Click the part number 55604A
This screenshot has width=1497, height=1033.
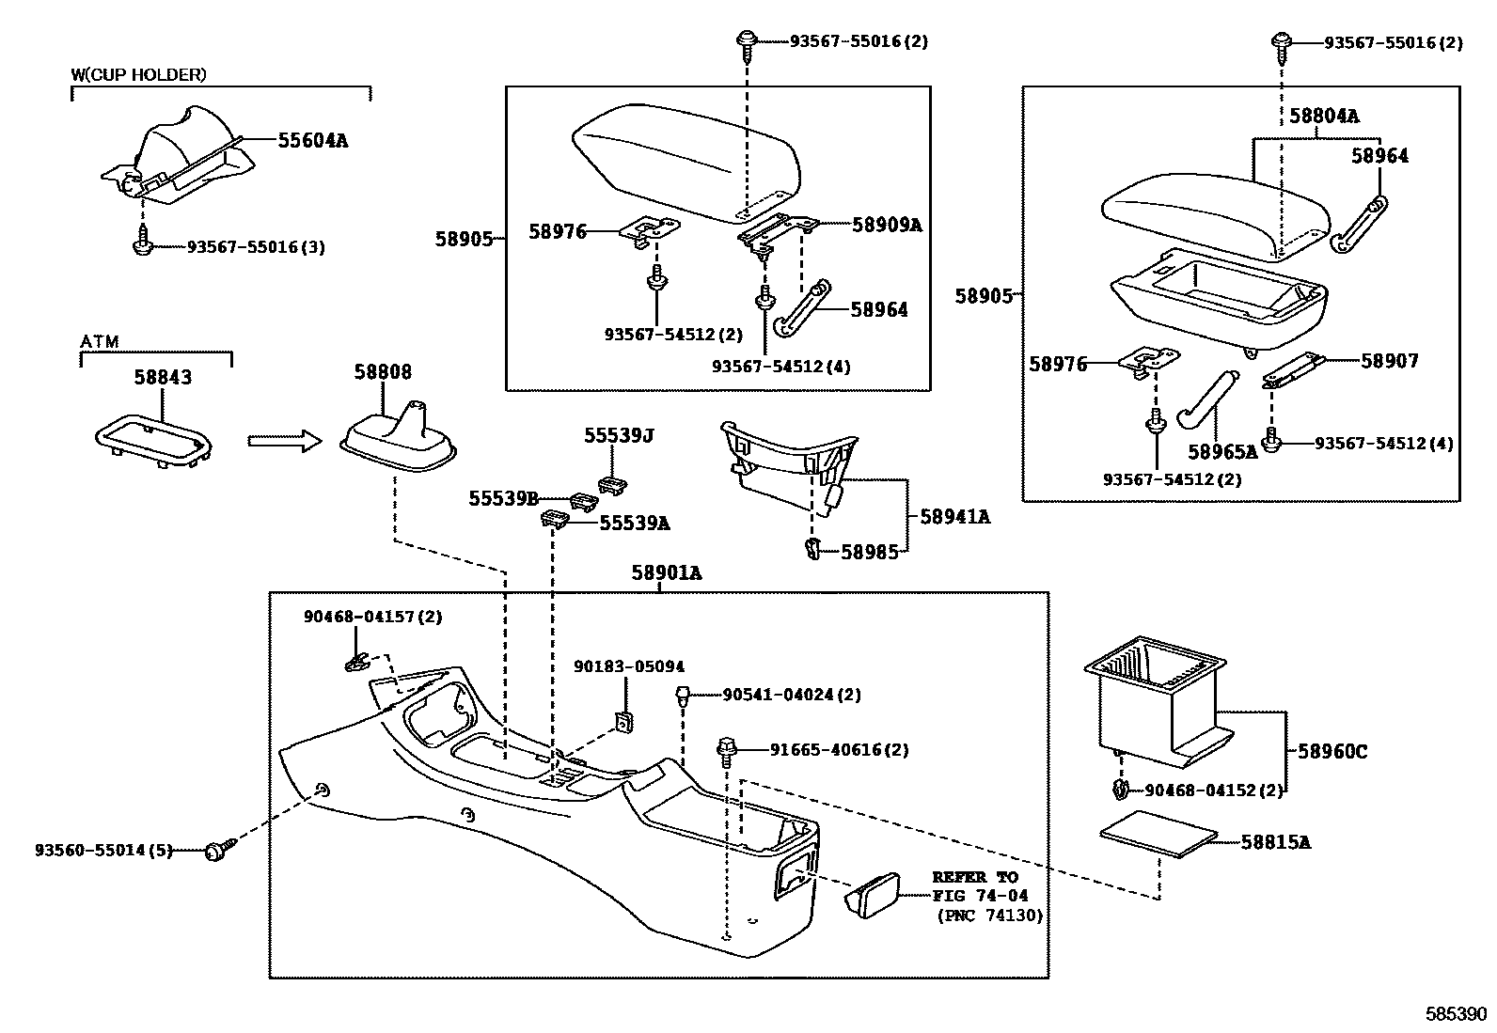[x=312, y=141]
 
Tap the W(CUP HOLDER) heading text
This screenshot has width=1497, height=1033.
[x=138, y=74]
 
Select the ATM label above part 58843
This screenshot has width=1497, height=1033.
[x=100, y=342]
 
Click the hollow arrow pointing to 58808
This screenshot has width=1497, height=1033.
[x=284, y=440]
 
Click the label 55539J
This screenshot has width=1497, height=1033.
[x=618, y=435]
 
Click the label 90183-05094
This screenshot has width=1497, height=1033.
[x=629, y=666]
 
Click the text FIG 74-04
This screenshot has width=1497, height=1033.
[x=980, y=896]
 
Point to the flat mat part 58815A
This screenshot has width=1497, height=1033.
[x=1160, y=833]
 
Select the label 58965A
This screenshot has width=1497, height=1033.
[x=1221, y=452]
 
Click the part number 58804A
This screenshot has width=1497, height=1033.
[x=1323, y=117]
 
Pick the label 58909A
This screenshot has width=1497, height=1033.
[x=887, y=225]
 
